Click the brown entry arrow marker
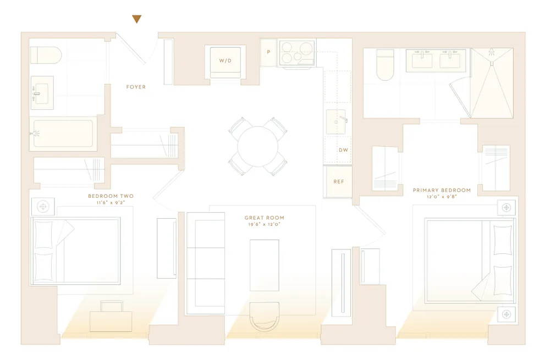[137, 19]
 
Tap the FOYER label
[136, 87]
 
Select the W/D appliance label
[226, 60]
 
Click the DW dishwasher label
[343, 149]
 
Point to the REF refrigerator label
[339, 181]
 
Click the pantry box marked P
[268, 53]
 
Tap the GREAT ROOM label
[265, 218]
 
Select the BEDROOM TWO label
[111, 196]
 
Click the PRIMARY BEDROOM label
[442, 190]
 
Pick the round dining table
[257, 146]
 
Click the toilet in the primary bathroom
[385, 65]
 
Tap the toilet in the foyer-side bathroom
[45, 55]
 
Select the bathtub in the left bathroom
[63, 134]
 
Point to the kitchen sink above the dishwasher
[336, 121]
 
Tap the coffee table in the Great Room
[264, 265]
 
